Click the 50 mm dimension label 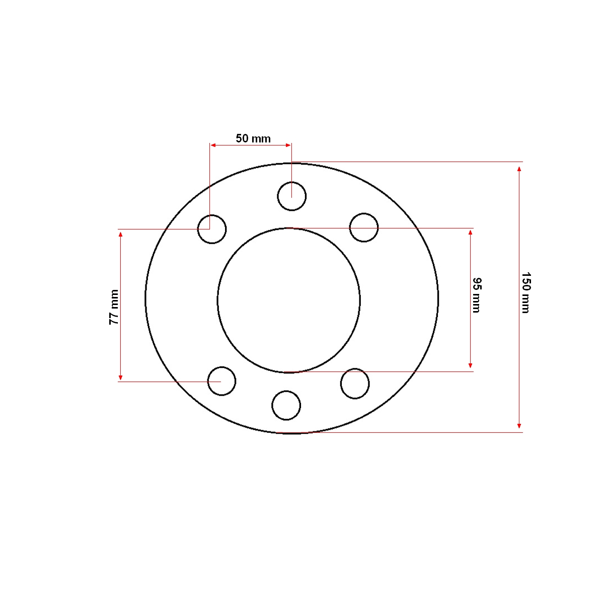click(253, 138)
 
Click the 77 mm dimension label click(114, 307)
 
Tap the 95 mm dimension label click(477, 295)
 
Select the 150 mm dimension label click(525, 292)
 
